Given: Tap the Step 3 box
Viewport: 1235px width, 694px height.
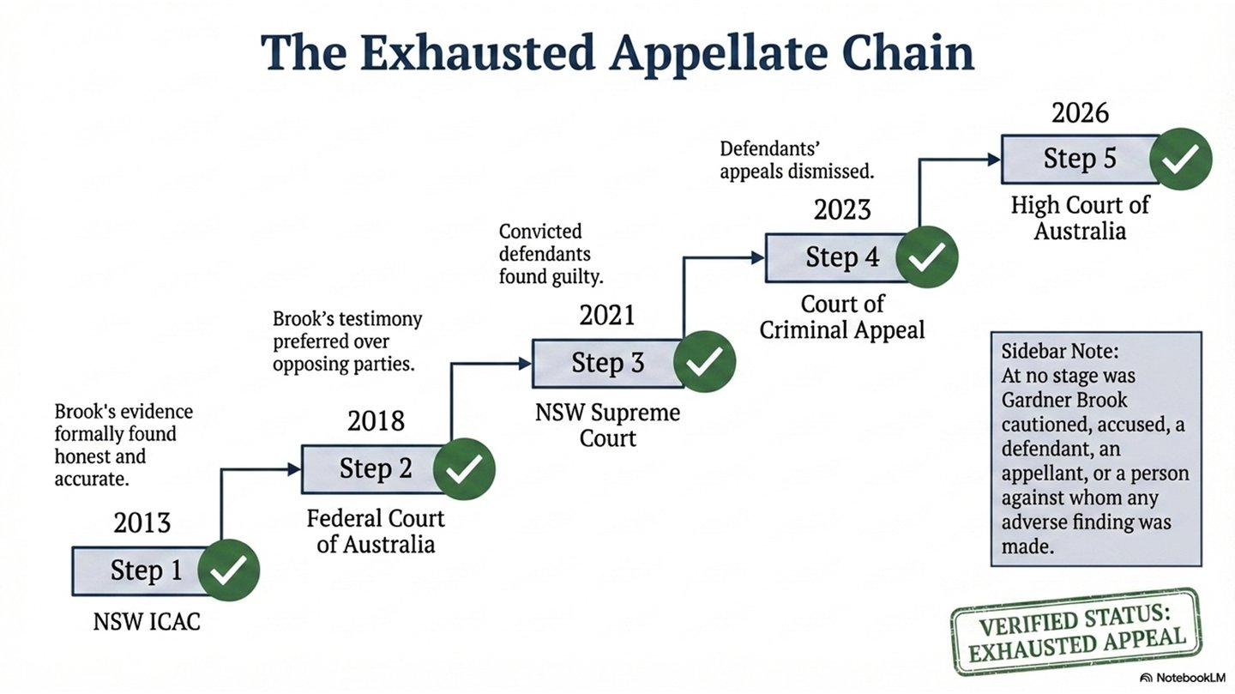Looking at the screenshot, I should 605,363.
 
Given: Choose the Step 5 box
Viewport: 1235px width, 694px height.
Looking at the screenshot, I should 1077,159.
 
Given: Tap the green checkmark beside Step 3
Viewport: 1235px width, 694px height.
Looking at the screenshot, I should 704,363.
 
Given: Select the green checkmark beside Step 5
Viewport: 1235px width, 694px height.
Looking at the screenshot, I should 1180,159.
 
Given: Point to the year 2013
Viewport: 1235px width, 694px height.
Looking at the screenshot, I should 142,522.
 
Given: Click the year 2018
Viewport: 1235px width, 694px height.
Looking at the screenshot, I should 376,420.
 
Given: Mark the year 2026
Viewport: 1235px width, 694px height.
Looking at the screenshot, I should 1081,112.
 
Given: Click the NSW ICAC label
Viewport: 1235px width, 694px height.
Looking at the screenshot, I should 147,621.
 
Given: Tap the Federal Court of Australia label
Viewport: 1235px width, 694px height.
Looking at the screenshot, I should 376,530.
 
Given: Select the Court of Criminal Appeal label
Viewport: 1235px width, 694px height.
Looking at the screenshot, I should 842,317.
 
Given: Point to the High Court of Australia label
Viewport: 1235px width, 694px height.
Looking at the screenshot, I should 1080,218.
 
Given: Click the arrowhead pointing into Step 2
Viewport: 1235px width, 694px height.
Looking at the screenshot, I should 293,469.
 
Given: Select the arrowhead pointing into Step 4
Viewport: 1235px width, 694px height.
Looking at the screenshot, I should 757,257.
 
